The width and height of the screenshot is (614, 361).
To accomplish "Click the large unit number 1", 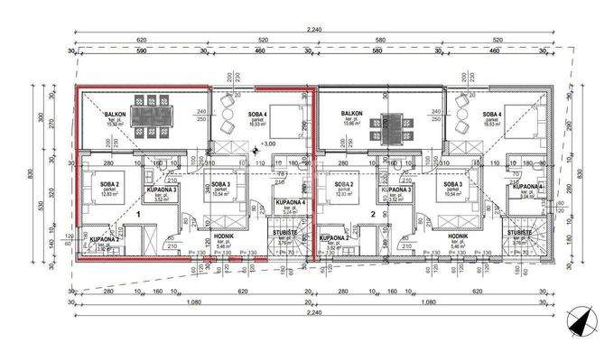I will pos(138,215).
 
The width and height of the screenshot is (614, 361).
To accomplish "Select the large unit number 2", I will pos(372,214).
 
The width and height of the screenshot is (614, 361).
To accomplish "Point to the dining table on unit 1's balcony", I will pos(146,116).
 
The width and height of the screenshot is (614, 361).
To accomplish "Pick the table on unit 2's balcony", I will pos(391,128).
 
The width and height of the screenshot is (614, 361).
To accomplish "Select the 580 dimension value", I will pos(380,42).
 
